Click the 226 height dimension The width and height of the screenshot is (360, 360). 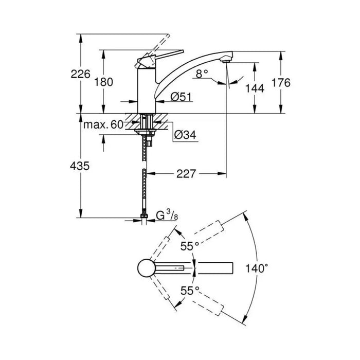point(81,74)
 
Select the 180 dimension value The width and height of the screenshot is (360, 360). point(104,82)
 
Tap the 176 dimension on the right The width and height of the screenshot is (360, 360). point(281,82)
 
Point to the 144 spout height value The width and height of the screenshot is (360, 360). point(255,88)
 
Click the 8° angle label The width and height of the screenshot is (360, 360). point(202,74)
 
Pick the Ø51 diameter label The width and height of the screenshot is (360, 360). point(181,97)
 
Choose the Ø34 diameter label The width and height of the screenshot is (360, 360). point(185,135)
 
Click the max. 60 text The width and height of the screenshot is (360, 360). point(103,124)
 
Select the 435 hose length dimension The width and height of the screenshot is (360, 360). point(80,166)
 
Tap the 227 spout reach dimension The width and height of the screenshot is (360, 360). point(186,174)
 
